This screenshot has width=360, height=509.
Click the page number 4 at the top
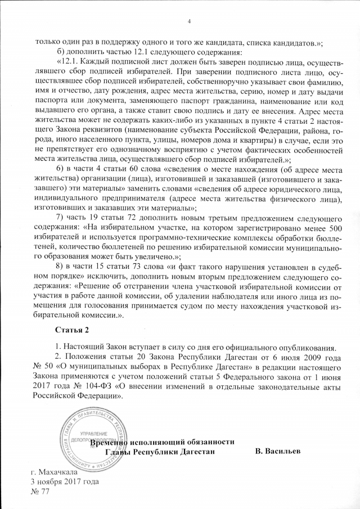point(188,21)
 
